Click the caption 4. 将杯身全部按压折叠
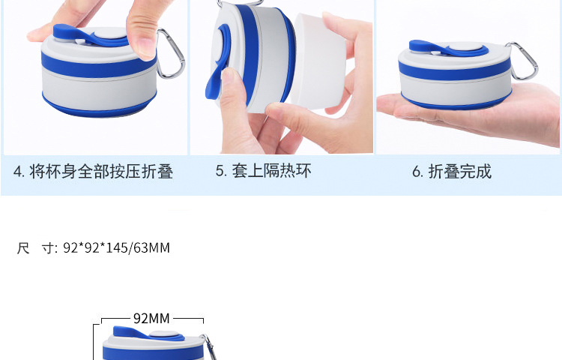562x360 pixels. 93,172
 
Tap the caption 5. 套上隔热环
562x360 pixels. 263,171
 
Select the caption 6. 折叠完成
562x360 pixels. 452,172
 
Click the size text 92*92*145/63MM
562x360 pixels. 117,247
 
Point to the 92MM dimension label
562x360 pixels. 151,318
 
